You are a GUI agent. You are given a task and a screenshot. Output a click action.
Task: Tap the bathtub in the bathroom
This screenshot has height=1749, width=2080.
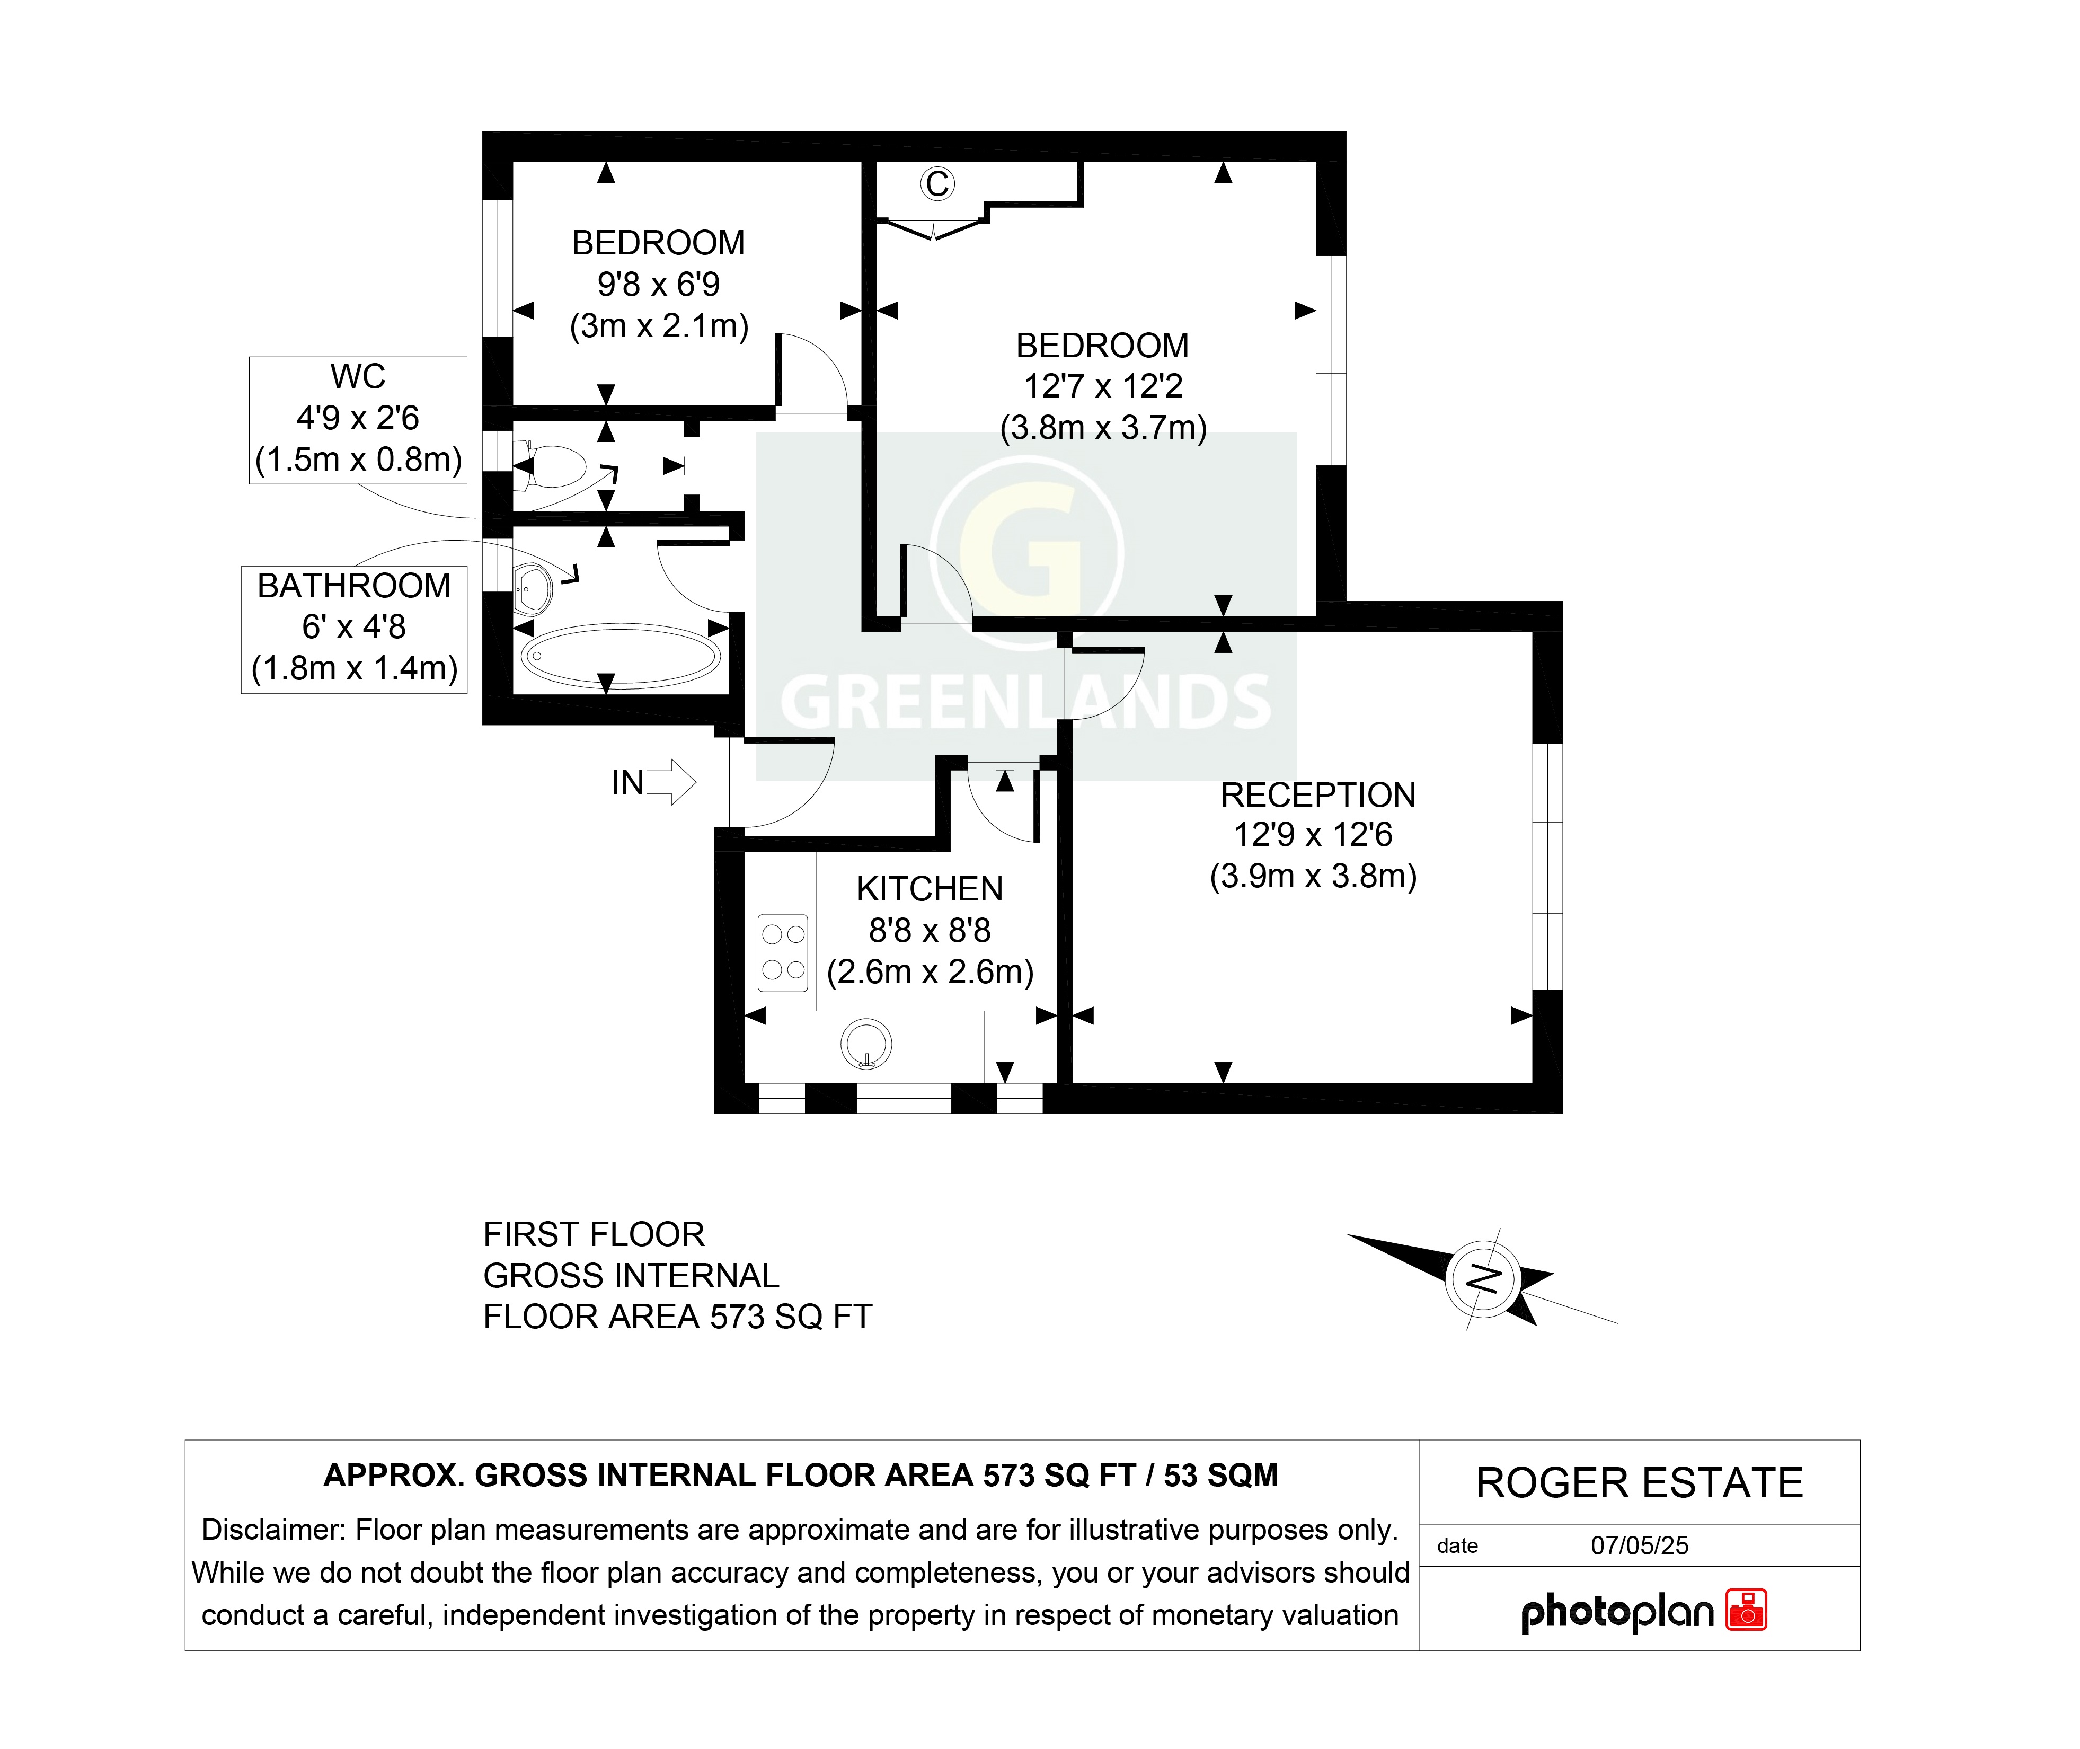click(x=621, y=656)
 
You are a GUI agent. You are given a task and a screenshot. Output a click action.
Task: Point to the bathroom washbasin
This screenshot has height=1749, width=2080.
click(x=533, y=589)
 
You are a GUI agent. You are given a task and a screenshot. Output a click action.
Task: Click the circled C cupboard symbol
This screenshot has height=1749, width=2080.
click(x=937, y=183)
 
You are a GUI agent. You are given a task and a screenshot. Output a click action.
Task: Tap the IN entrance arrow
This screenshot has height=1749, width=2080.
click(x=671, y=782)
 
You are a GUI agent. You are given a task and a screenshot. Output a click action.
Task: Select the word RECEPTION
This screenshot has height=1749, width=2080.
click(x=1317, y=795)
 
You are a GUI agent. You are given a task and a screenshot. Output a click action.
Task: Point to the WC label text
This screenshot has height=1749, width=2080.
click(x=358, y=377)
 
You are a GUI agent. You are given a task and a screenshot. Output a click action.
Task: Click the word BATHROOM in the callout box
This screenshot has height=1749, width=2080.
click(x=354, y=586)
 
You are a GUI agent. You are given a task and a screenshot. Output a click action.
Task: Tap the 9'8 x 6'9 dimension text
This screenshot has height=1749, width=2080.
click(x=658, y=285)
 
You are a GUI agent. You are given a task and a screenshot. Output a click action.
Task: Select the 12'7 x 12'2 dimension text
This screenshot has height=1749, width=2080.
click(x=1102, y=386)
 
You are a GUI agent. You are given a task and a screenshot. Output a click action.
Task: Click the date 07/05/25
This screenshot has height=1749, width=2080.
click(x=1639, y=1545)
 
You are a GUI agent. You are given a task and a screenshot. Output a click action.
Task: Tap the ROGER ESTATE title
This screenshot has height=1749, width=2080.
click(x=1639, y=1483)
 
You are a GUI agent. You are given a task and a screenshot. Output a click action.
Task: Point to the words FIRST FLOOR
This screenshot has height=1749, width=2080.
click(x=593, y=1234)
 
